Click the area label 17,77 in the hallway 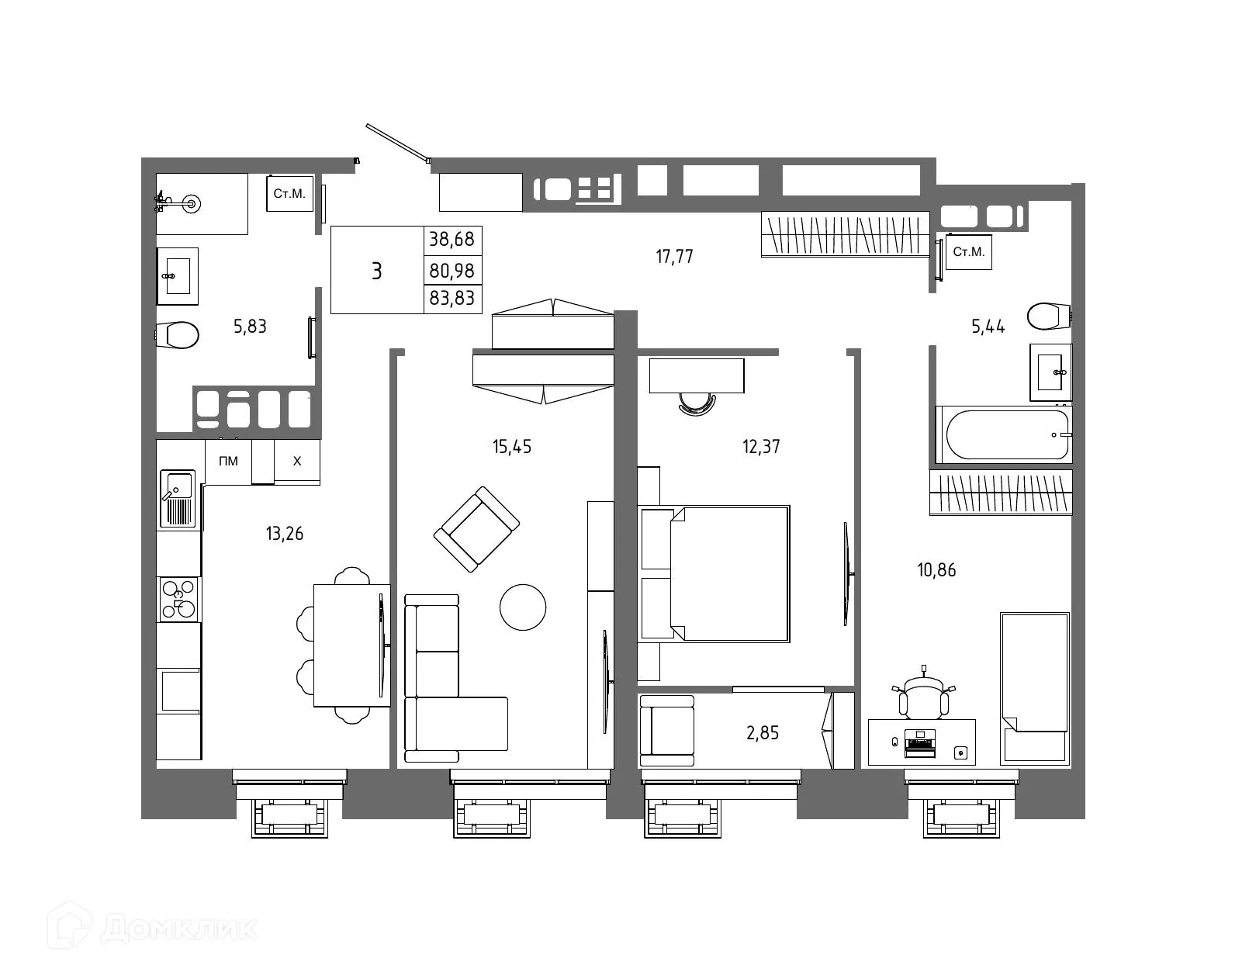click(674, 256)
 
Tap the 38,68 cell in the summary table click(452, 239)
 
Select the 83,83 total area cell click(452, 298)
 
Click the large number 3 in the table click(377, 271)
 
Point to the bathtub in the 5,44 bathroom click(1002, 434)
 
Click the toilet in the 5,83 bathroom click(179, 335)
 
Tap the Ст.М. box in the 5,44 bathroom click(968, 252)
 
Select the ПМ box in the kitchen click(228, 462)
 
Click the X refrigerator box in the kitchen click(296, 462)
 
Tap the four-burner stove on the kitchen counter click(178, 600)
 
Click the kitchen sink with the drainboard click(178, 499)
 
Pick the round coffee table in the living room click(523, 607)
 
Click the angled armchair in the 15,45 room click(476, 529)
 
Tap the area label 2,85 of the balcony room click(762, 732)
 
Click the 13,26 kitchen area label click(285, 534)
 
